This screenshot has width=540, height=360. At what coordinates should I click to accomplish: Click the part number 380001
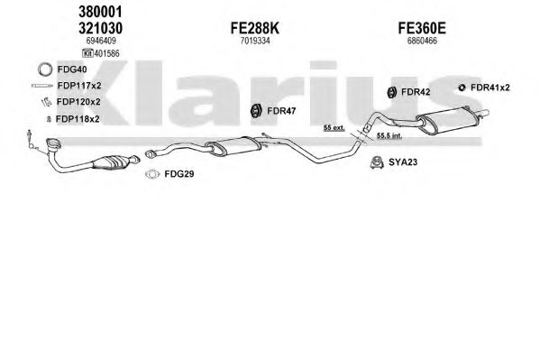pos(100,13)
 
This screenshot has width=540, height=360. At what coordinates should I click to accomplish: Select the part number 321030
pos(100,28)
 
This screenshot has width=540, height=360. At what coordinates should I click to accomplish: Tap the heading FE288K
pos(255,28)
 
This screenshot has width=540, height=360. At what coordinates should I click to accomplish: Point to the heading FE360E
pos(422,28)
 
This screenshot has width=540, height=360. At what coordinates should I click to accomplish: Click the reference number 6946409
pos(101,41)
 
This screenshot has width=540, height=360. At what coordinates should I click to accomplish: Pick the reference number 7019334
pos(255,41)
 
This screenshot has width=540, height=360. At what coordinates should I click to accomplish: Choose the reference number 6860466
pos(422,41)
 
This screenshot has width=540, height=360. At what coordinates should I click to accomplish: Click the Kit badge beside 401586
pos(87,53)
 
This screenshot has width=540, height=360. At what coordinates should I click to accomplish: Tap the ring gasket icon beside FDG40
pos(45,69)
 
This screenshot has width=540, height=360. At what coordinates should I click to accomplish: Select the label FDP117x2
pos(79,86)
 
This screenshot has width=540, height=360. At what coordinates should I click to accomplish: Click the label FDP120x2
pos(78,102)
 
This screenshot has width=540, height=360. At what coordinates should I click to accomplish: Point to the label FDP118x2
pos(78,119)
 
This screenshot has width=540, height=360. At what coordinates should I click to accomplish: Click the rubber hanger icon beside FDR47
pos(255,111)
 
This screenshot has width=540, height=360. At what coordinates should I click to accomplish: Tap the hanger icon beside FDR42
pos(391,92)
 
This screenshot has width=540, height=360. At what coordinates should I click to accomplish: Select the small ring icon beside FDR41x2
pos(462,88)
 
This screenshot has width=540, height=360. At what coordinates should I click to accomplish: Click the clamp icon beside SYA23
pos(378,162)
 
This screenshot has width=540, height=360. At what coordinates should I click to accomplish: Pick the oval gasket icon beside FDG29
pos(152,174)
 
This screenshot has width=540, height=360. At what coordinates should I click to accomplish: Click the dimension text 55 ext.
pos(334,128)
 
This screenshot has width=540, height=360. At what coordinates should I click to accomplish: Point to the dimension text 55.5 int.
pos(389,136)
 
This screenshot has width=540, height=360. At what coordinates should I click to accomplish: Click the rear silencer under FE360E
pos(448,120)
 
